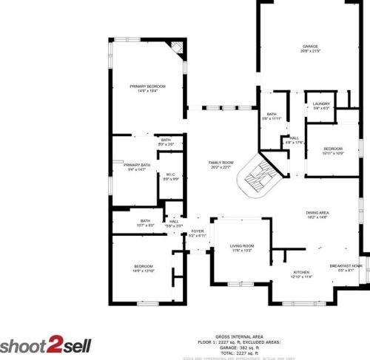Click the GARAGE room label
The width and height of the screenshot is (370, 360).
[x=309, y=47]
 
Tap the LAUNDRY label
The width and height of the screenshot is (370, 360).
[x=320, y=103]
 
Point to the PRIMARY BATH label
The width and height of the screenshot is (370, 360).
[x=137, y=165]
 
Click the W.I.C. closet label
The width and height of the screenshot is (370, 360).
[x=171, y=174]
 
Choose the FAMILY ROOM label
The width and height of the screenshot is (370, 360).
[x=221, y=163]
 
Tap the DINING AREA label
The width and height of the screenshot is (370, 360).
[x=317, y=214]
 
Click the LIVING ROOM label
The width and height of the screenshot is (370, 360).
[x=242, y=246]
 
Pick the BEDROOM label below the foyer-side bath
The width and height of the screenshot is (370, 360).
[x=143, y=266]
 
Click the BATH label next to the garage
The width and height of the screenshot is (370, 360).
[x=272, y=114]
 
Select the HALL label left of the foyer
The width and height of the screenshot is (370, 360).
[x=175, y=221]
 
